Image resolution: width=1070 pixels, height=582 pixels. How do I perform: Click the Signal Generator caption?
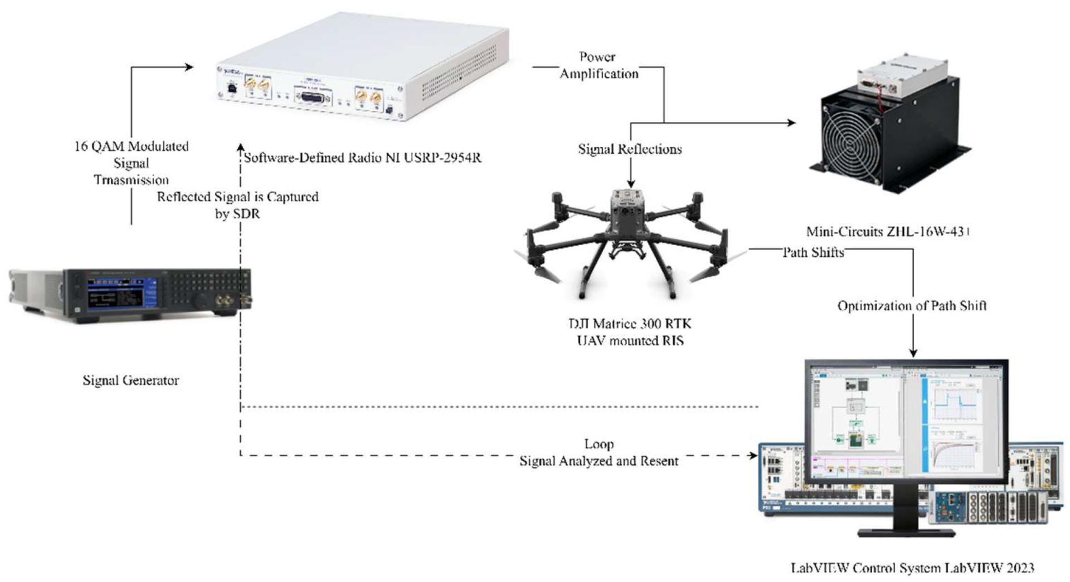pos(131,381)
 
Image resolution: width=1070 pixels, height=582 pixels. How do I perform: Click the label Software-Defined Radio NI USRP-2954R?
pos(362,158)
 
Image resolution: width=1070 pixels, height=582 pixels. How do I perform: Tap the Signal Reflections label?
pos(630,149)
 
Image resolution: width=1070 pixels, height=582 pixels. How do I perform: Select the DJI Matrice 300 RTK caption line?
pos(630,324)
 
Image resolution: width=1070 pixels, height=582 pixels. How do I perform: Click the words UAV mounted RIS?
pos(630,340)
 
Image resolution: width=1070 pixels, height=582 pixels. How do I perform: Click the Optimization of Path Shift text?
pos(912,306)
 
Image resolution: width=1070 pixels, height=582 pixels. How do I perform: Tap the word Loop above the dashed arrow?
pos(599,444)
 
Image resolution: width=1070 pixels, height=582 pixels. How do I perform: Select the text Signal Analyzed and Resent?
pos(599,461)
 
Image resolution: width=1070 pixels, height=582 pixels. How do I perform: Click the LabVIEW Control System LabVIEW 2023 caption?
pos(912,568)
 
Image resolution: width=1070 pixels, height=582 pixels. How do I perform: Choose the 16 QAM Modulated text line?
pos(132,146)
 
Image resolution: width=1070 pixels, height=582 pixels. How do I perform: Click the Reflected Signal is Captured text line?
pos(237,197)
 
